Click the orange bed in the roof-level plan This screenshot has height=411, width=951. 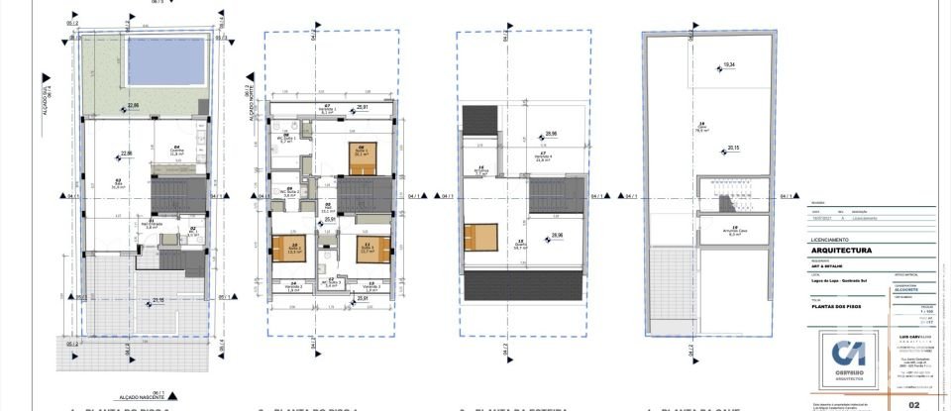point(475,239)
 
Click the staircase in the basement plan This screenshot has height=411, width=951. point(730,195)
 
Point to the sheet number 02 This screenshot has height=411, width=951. point(914,404)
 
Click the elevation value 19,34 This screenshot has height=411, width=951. point(729,65)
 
